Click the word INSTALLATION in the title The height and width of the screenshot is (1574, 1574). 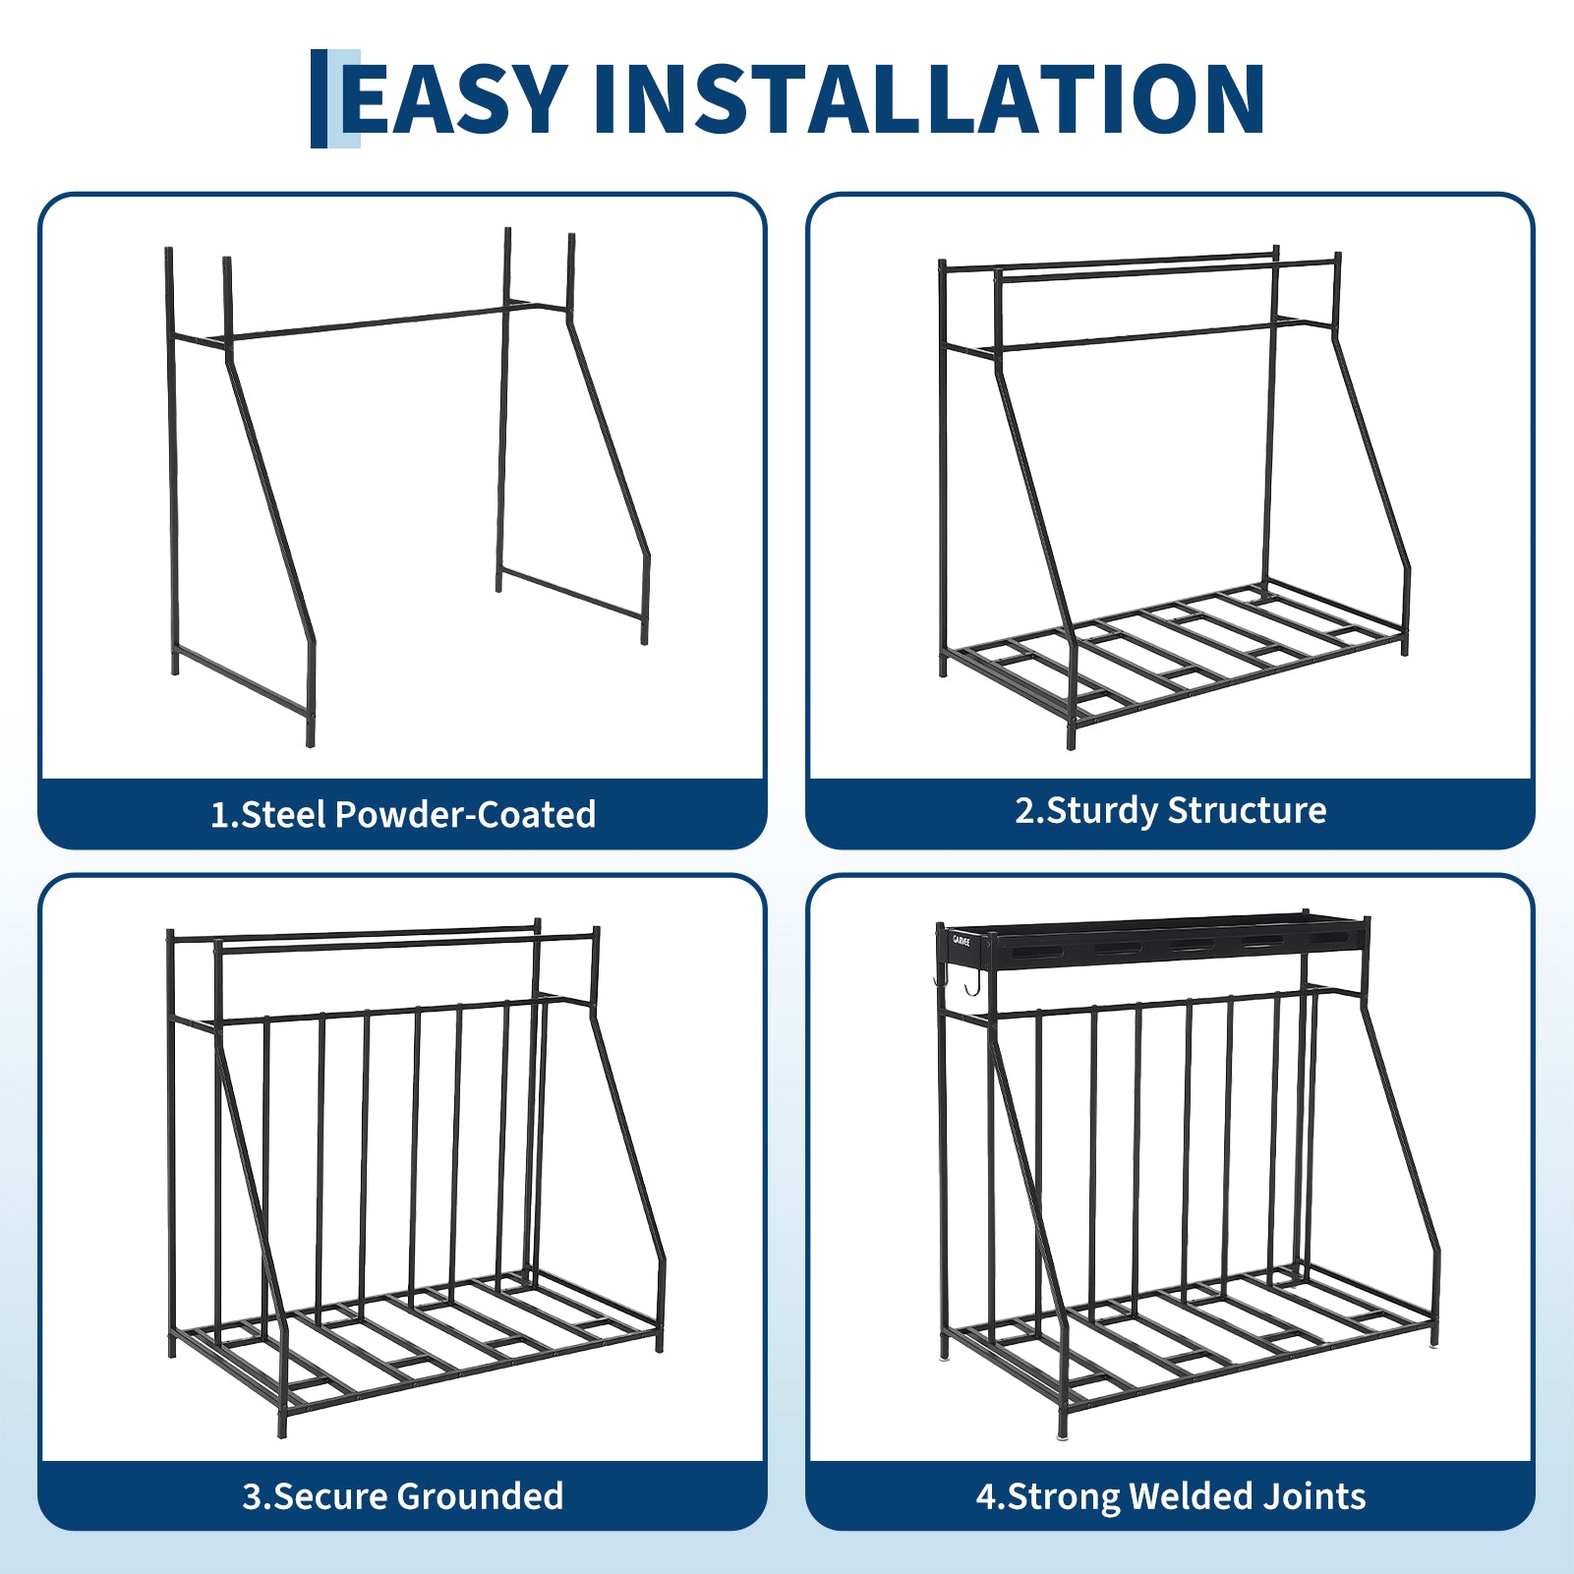pyautogui.click(x=929, y=98)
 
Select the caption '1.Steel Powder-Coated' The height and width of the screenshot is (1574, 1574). pyautogui.click(x=403, y=814)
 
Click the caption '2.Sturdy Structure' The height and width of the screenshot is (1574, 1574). pyautogui.click(x=1170, y=811)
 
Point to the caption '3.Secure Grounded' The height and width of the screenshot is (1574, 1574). pyautogui.click(x=403, y=1495)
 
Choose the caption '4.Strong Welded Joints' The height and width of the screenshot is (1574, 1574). pyautogui.click(x=1170, y=1496)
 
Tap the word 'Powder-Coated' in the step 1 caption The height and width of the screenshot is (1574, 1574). pyautogui.click(x=465, y=814)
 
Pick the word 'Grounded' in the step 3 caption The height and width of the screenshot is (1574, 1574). pyautogui.click(x=481, y=1495)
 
